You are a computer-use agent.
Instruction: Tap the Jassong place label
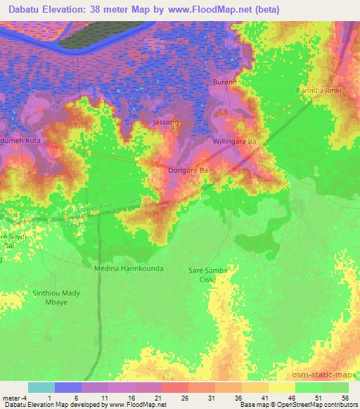pos(166,122)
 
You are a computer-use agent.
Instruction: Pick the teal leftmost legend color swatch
pos(41,387)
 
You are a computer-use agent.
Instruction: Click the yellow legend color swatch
pos(282,387)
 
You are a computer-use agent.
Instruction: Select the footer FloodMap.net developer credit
pos(84,405)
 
